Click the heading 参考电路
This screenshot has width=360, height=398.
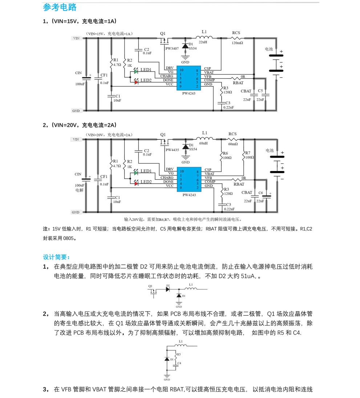[x=60, y=7]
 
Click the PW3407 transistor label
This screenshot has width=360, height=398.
[x=172, y=48]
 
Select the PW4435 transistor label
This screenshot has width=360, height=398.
[x=172, y=150]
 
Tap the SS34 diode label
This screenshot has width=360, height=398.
[x=193, y=48]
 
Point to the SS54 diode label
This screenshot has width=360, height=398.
[x=193, y=149]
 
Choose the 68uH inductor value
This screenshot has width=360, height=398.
[x=203, y=143]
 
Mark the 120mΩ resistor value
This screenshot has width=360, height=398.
[x=237, y=42]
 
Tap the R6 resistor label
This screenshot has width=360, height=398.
[x=225, y=153]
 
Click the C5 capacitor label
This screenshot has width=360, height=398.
[x=260, y=90]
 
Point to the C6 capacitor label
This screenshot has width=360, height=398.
[x=260, y=192]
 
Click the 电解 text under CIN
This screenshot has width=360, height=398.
[x=79, y=190]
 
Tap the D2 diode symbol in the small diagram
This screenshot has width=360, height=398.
[x=168, y=289]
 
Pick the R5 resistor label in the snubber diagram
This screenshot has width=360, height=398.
[x=179, y=354]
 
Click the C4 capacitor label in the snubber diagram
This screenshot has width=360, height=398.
[x=179, y=363]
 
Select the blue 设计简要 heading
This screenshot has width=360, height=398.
[x=57, y=257]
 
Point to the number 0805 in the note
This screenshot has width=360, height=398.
[x=69, y=239]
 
